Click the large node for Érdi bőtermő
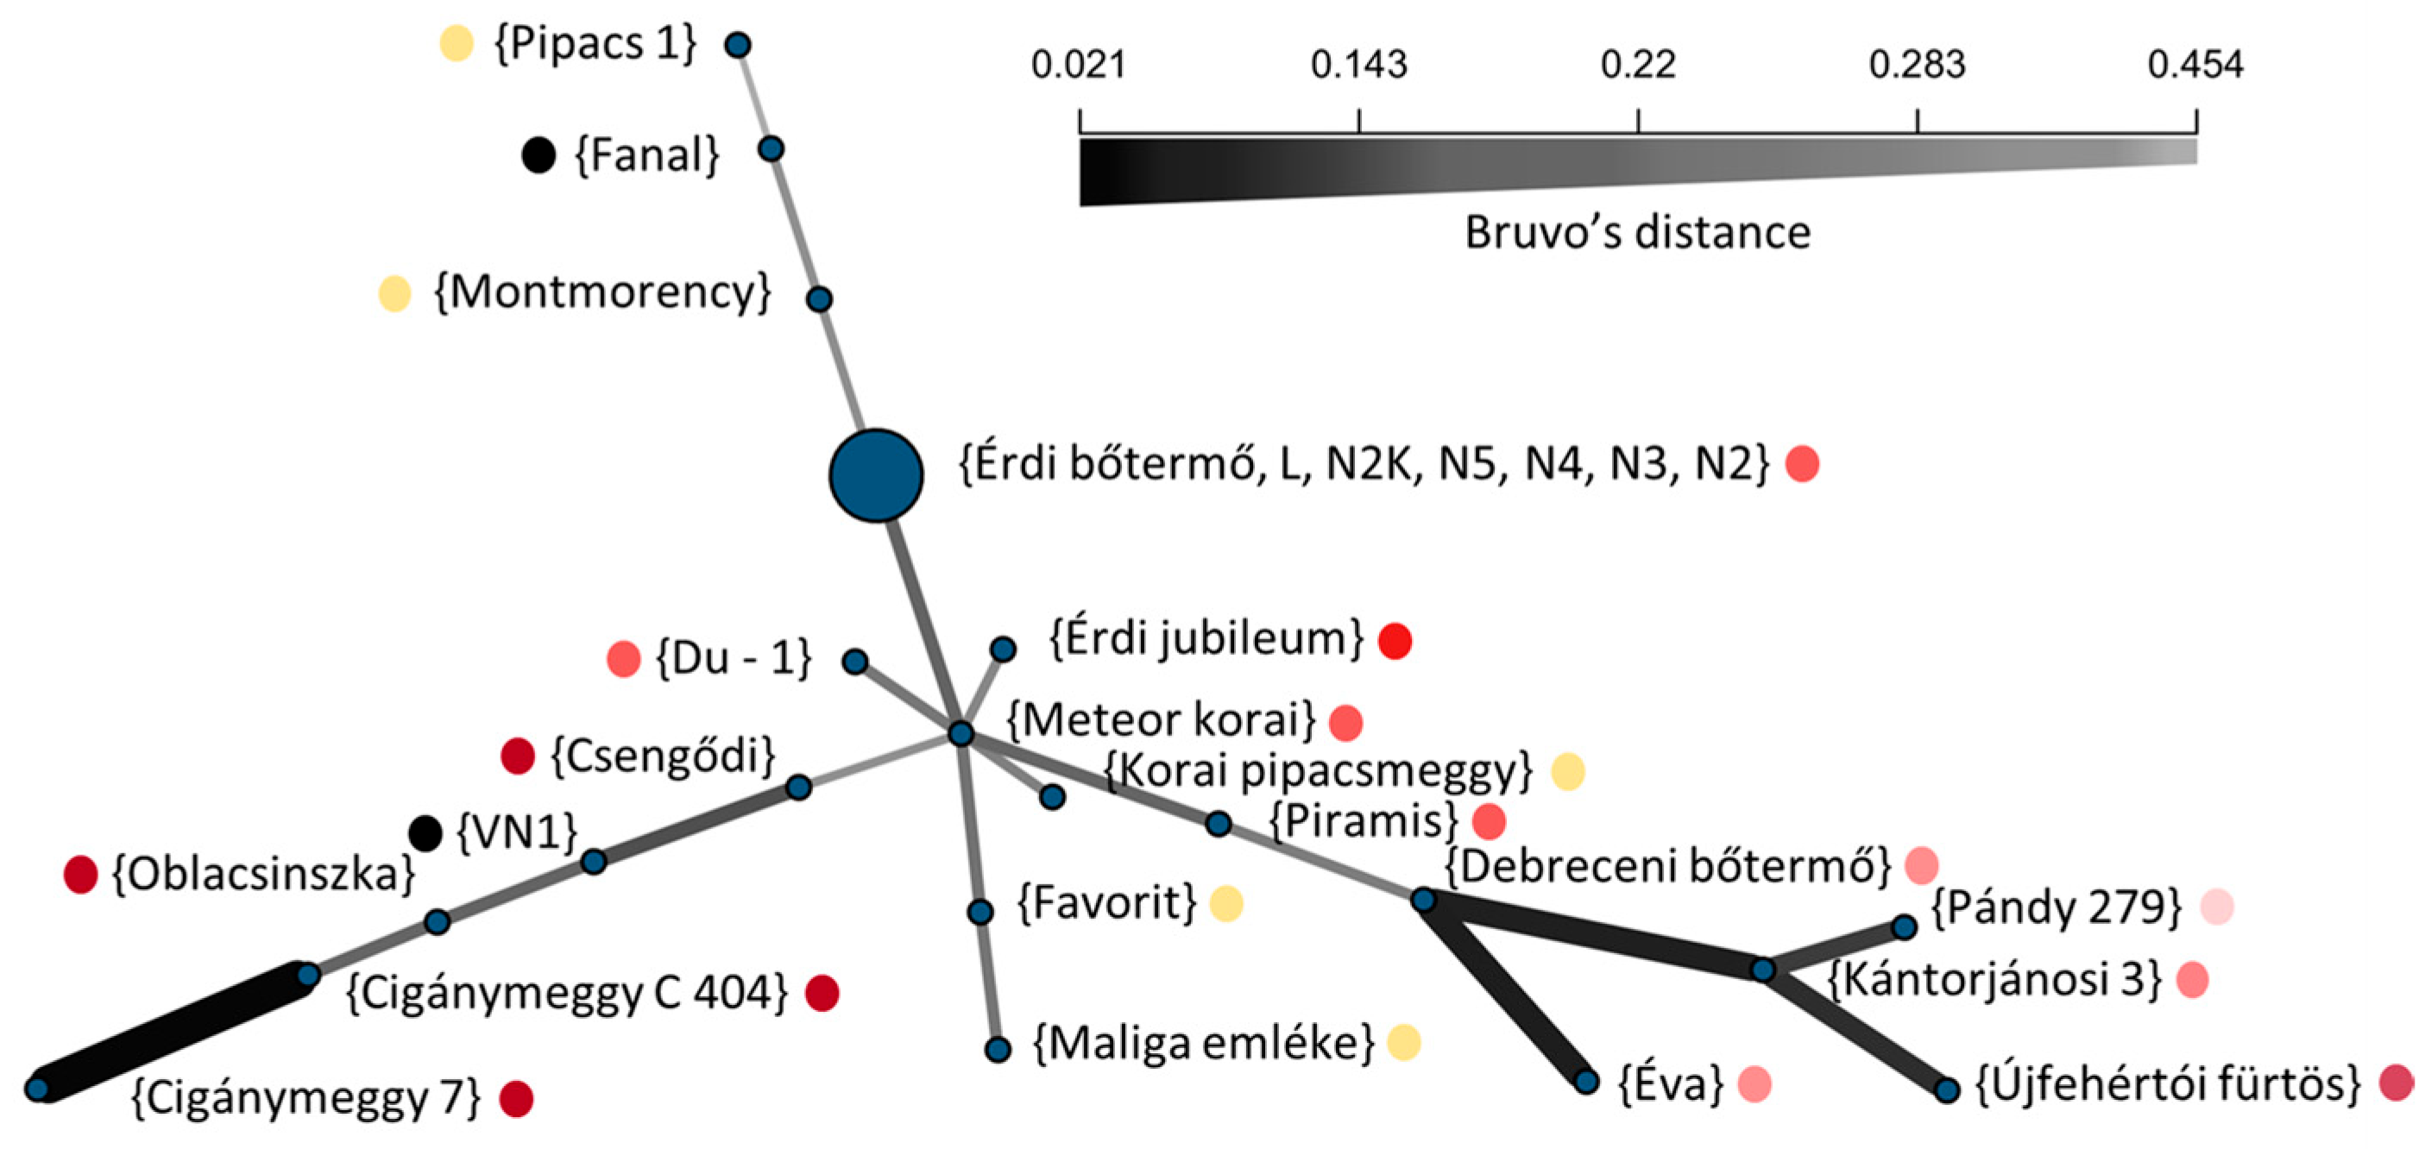pos(875,475)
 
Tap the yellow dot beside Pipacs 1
pos(457,43)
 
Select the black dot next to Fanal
pos(539,154)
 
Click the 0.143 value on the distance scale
pos(1358,65)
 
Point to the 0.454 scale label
pos(2195,65)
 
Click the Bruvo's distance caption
pos(1637,232)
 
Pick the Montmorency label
pos(602,292)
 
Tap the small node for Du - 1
pos(854,662)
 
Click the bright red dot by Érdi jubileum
pos(1395,641)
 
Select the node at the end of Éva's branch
pos(1586,1081)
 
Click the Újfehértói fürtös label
pos(2168,1084)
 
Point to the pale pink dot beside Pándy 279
pos(2217,907)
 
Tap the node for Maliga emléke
pos(998,1049)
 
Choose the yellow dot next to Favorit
pos(1225,903)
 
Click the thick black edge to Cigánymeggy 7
pos(173,1033)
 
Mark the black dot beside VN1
pos(425,832)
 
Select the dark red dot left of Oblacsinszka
pos(81,874)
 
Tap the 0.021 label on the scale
pos(1079,65)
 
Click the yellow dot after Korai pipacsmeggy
pos(1567,772)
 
